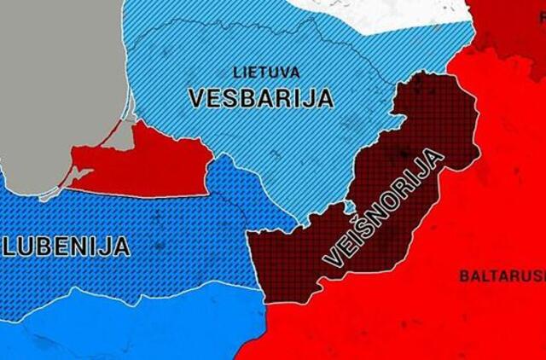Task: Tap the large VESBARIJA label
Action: (x=260, y=97)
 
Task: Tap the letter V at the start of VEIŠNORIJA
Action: (x=332, y=260)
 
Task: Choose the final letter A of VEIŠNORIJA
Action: (x=438, y=156)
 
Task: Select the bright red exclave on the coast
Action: (x=145, y=162)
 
